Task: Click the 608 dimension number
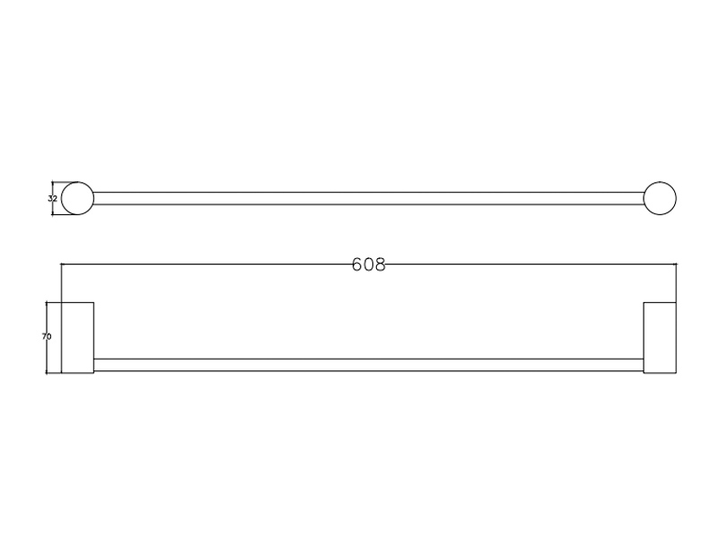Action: pos(369,265)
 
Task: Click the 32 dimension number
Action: pos(52,198)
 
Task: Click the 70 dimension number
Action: pos(47,337)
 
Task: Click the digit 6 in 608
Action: pos(357,265)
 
